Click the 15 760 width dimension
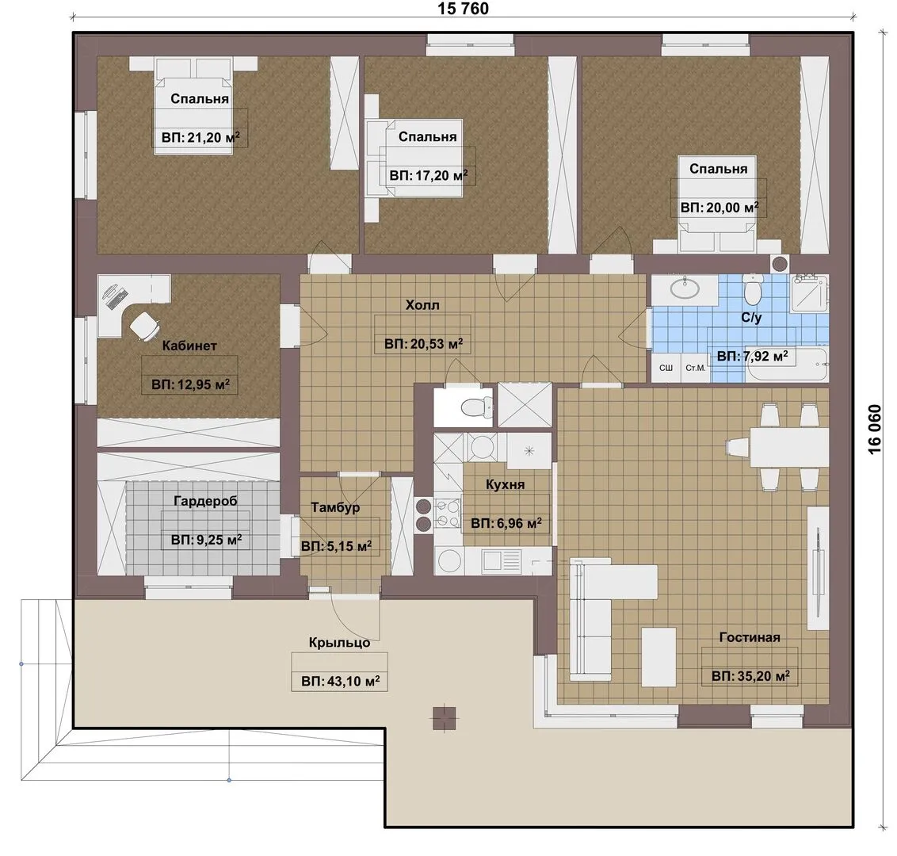tap(464, 9)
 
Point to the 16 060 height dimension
tap(876, 429)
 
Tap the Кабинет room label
tap(189, 346)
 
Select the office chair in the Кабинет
tap(144, 326)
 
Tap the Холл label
tap(423, 305)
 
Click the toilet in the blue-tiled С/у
tap(753, 289)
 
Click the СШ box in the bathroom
tap(666, 368)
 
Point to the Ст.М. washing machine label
tap(696, 368)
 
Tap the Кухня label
tap(505, 484)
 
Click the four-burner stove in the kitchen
tap(448, 514)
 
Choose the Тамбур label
tap(335, 507)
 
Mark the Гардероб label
tap(205, 501)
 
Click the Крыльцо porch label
tap(339, 643)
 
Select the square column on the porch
tap(445, 719)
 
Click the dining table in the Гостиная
tap(789, 447)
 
